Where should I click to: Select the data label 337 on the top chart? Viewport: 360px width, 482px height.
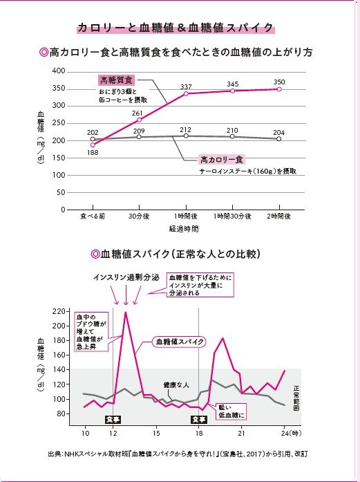(x=187, y=86)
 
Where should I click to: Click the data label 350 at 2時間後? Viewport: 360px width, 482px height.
(x=279, y=82)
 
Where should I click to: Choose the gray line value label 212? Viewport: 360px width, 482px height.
(x=186, y=129)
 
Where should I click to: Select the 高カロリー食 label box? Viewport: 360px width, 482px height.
(x=222, y=158)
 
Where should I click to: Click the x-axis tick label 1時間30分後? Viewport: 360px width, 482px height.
(x=232, y=216)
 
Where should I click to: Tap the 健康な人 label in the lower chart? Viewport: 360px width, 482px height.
(x=175, y=384)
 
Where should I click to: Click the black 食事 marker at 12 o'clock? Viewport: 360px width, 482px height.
(x=112, y=419)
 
